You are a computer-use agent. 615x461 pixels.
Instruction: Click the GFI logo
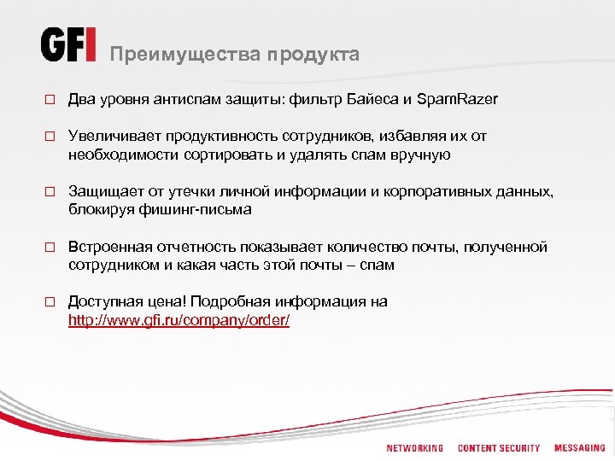click(x=68, y=44)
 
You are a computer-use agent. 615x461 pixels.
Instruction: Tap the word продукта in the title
click(x=313, y=55)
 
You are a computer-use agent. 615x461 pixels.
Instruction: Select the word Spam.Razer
click(x=457, y=100)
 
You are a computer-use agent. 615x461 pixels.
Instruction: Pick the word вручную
click(x=419, y=155)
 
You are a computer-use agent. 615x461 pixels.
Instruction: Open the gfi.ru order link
click(x=179, y=320)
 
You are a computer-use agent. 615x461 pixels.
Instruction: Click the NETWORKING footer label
click(x=415, y=447)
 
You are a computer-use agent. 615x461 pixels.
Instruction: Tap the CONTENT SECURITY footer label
click(x=499, y=447)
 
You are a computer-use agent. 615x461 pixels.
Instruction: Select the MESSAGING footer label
click(x=579, y=447)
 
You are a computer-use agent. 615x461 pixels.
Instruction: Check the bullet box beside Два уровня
click(x=50, y=101)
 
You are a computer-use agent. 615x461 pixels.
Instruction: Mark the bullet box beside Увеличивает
click(x=50, y=137)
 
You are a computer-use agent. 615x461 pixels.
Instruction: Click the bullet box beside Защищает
click(x=50, y=192)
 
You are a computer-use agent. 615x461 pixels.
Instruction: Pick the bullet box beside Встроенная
click(x=50, y=248)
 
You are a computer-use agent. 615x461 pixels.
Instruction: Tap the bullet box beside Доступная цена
click(x=50, y=302)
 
